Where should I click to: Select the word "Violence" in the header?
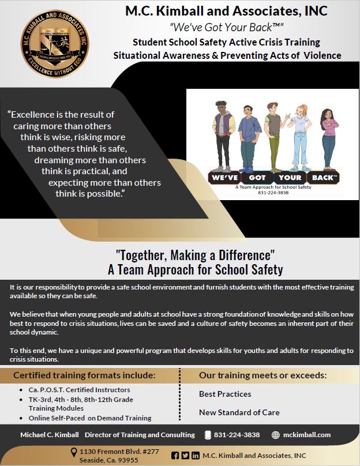320,55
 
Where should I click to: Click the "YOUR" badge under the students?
291,178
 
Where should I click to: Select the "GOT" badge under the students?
257,178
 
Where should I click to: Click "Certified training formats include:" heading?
84,375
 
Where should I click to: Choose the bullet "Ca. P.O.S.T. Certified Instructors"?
80,390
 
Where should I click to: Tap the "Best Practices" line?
225,394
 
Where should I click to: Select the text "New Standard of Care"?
239,412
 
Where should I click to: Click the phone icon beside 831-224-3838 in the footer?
208,434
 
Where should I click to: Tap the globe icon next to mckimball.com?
276,434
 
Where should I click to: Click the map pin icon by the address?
73,452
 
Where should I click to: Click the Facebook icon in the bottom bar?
175,455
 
